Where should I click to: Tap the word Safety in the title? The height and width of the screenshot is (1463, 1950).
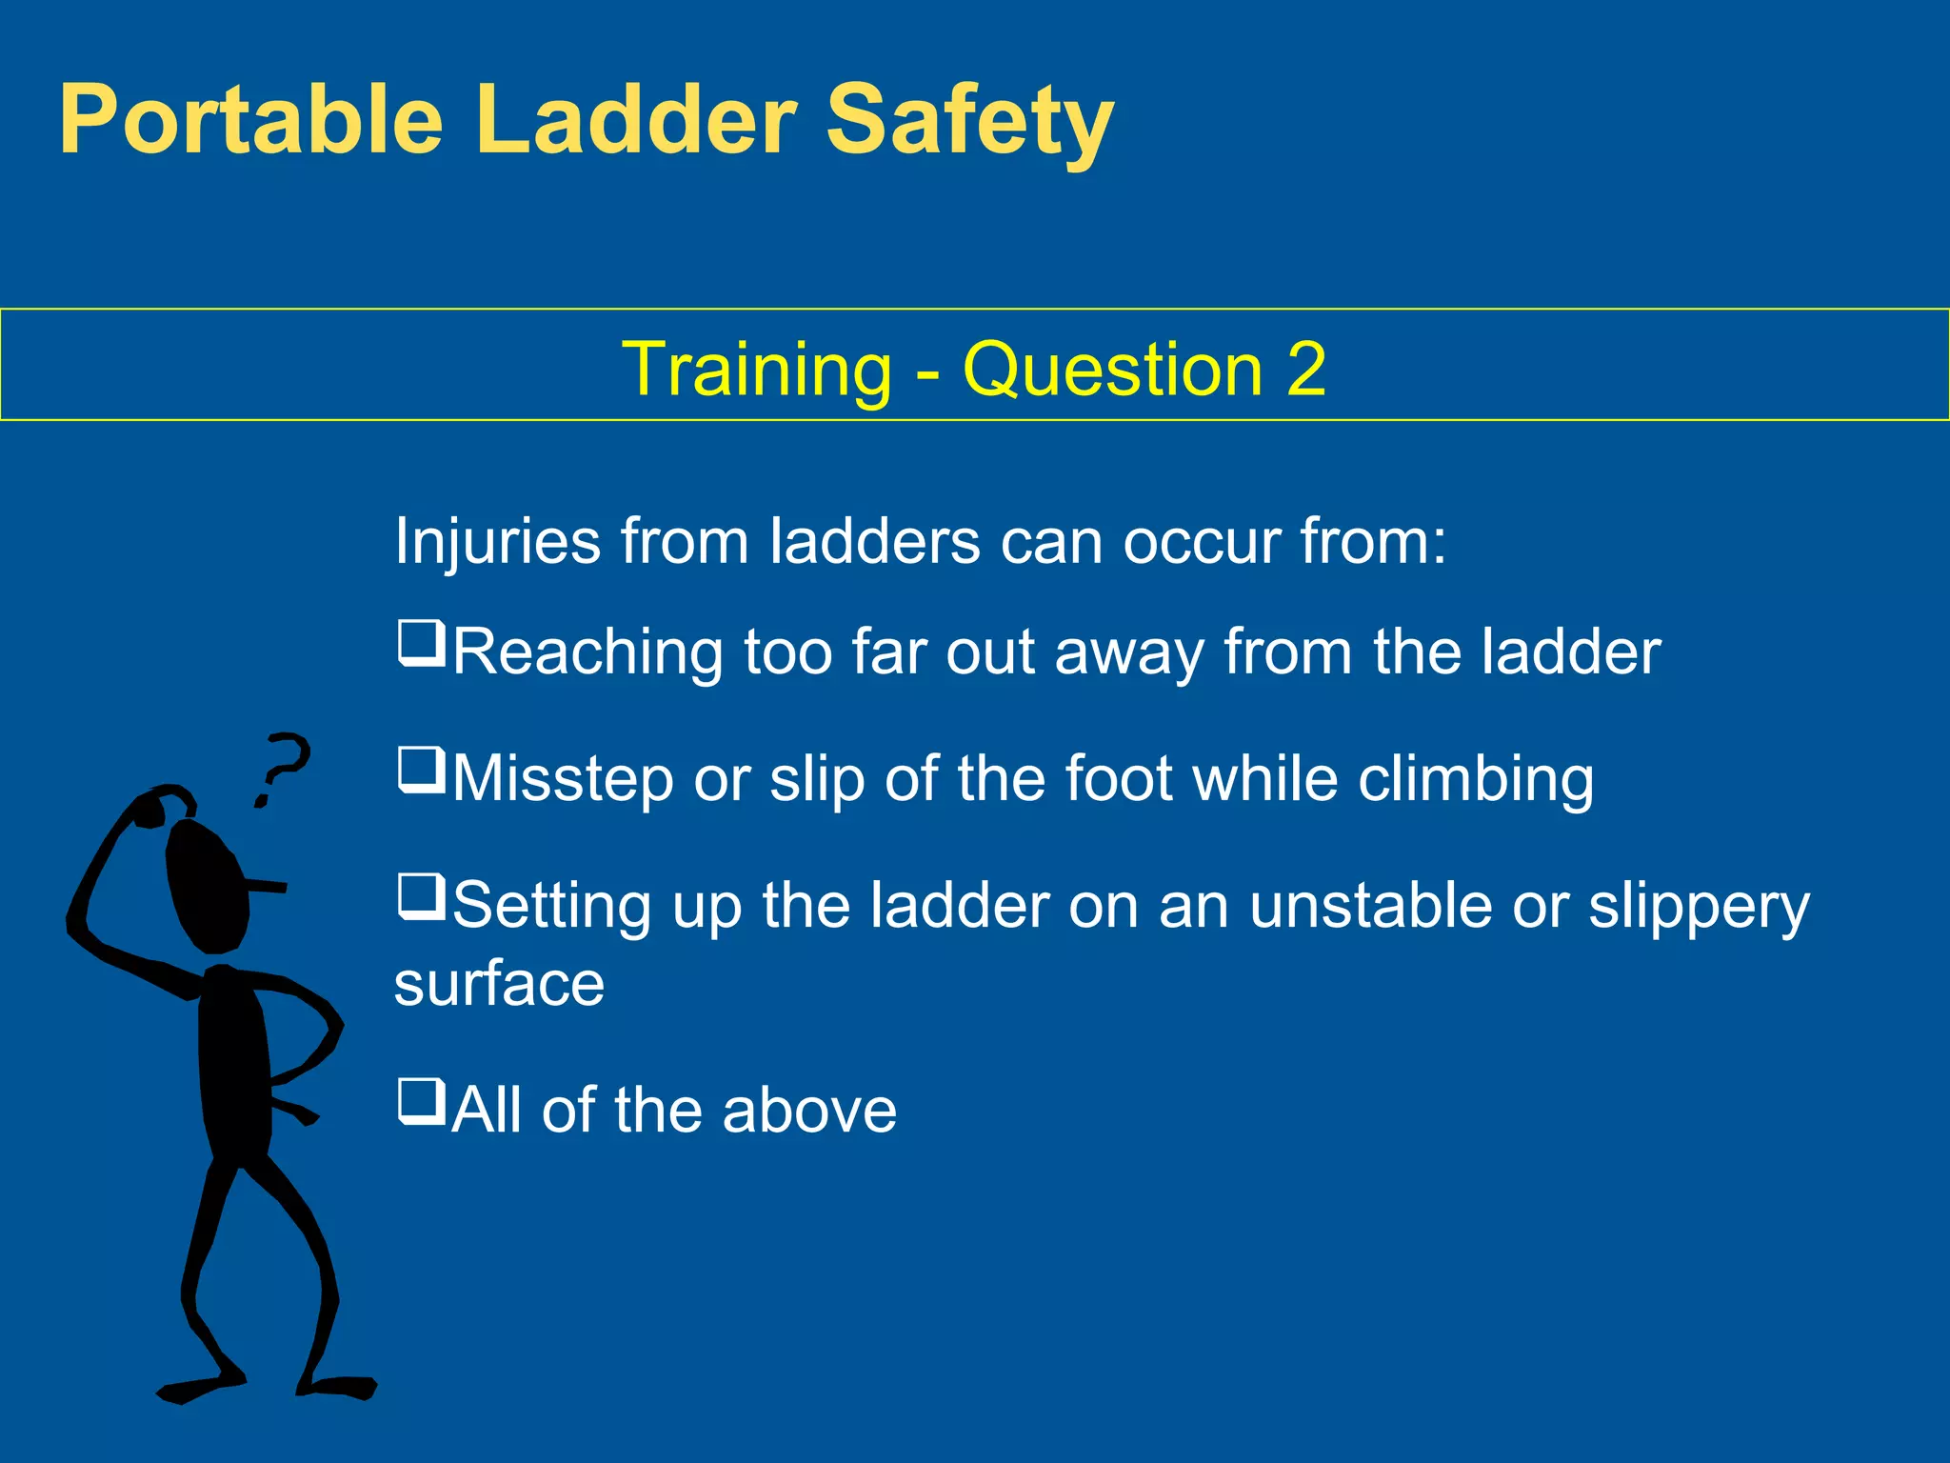coord(969,120)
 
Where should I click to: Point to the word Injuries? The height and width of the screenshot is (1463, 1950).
coord(497,541)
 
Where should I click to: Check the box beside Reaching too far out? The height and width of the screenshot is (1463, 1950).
coord(421,643)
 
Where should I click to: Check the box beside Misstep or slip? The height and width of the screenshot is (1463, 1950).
coord(421,771)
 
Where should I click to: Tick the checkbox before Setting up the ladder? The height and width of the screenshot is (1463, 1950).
coord(421,897)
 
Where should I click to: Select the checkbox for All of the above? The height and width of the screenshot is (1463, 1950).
coord(421,1101)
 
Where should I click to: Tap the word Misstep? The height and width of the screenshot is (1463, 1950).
coord(563,780)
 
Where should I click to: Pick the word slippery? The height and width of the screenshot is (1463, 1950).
coord(1699,907)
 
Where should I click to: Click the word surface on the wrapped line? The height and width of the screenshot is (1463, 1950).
coord(500,984)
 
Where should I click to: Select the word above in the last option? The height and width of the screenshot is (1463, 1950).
coord(809,1111)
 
